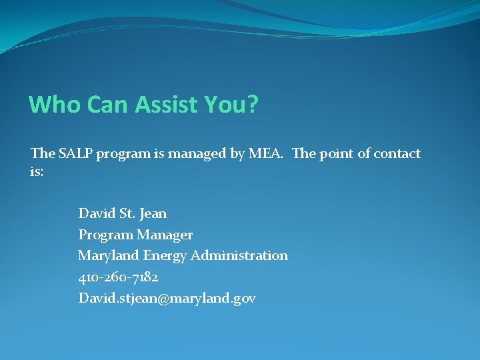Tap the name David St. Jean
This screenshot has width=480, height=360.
pyautogui.click(x=123, y=214)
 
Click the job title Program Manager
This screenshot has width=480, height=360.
pyautogui.click(x=135, y=235)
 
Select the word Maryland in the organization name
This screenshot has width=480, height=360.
pyautogui.click(x=108, y=256)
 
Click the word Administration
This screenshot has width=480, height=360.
pyautogui.click(x=239, y=256)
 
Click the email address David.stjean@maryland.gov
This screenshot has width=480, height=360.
pyautogui.click(x=167, y=299)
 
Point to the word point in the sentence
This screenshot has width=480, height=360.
pyautogui.click(x=337, y=154)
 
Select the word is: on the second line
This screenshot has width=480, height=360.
pyautogui.click(x=37, y=172)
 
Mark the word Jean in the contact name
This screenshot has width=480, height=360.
pyautogui.click(x=153, y=214)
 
